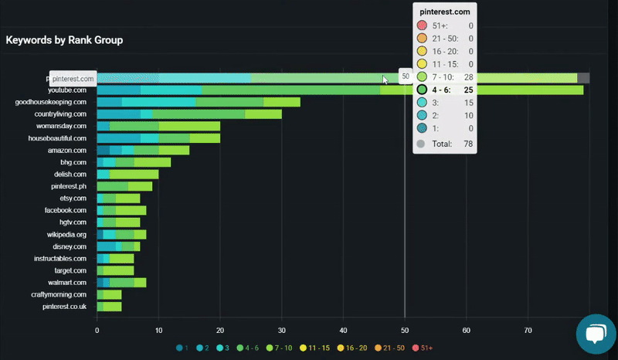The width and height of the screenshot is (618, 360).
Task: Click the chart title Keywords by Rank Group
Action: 64,39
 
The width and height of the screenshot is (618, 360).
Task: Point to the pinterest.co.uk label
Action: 64,307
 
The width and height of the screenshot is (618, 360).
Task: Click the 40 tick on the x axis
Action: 344,330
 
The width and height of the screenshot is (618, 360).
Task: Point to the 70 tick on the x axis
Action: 528,330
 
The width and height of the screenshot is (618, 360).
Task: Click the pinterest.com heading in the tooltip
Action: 444,13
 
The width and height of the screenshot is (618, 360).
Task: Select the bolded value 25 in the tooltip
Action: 468,90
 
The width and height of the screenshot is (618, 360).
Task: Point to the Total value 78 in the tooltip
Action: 467,144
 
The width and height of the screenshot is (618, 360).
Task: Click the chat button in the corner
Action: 596,334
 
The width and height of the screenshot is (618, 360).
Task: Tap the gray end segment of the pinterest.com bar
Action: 583,78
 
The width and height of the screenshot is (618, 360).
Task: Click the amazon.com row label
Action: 67,151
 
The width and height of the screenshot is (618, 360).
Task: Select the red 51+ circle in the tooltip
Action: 421,26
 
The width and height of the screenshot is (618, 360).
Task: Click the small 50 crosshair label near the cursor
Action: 406,76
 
